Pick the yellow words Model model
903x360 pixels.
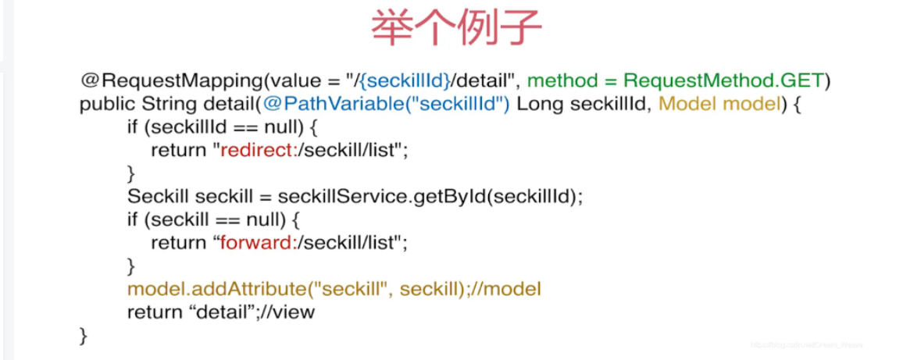(719, 104)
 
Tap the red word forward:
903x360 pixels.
(255, 242)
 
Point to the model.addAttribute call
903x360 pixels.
(216, 289)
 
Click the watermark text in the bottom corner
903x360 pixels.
(805, 344)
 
